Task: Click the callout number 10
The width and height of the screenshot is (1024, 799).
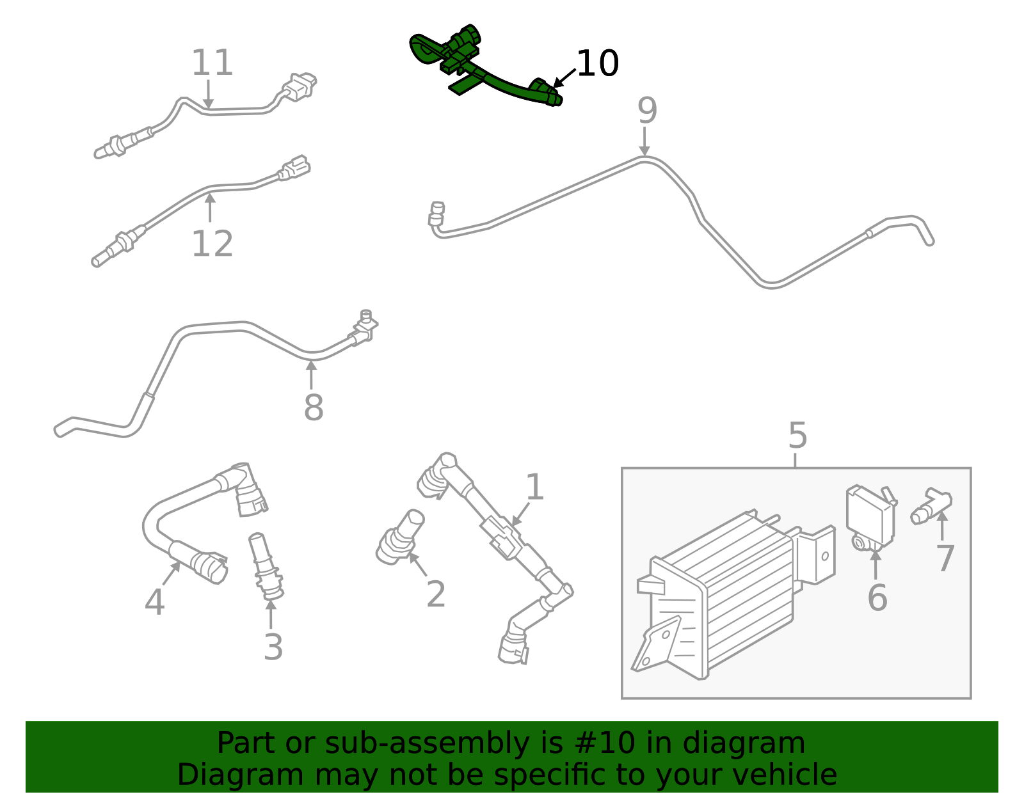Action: [597, 64]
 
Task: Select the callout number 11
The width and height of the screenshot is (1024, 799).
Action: [212, 63]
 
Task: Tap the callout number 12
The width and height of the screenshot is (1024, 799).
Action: [212, 244]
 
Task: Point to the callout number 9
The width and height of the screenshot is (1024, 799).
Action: [646, 111]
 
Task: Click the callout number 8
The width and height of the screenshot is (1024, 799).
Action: [313, 407]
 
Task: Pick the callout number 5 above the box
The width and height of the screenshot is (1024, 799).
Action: [797, 436]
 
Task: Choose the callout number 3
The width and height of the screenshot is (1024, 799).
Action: [273, 647]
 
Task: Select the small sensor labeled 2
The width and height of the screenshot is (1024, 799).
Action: [400, 537]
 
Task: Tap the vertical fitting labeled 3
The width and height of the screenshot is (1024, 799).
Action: [266, 566]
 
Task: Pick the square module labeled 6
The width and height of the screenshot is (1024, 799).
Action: [869, 517]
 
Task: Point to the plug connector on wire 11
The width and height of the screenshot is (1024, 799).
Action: [300, 86]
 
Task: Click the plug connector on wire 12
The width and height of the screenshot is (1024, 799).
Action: [294, 167]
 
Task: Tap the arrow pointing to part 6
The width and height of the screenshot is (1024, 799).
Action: [876, 563]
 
